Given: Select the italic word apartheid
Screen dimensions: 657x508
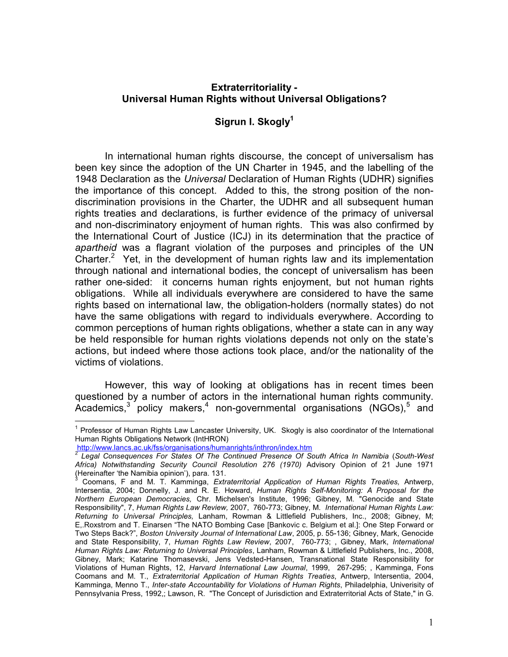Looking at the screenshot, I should [x=96, y=248].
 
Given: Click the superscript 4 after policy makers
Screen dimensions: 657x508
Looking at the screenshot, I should [x=206, y=405].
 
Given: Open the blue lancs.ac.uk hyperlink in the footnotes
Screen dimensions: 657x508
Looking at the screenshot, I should [x=194, y=447].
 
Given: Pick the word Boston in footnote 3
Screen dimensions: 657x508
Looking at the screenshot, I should [x=151, y=533].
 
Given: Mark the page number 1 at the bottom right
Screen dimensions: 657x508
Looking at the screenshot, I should [x=430, y=623].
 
